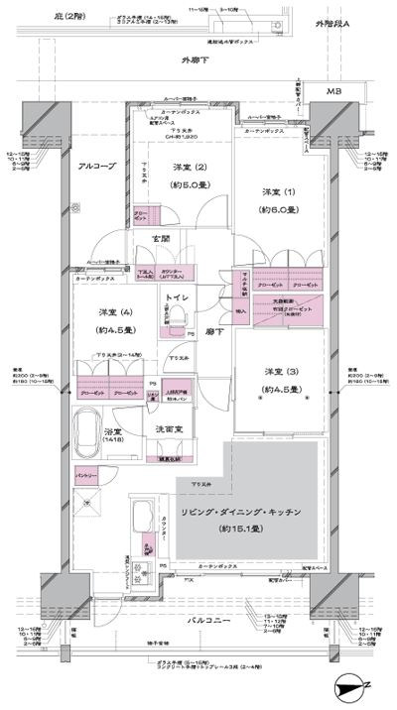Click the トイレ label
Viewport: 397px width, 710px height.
(x=179, y=297)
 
